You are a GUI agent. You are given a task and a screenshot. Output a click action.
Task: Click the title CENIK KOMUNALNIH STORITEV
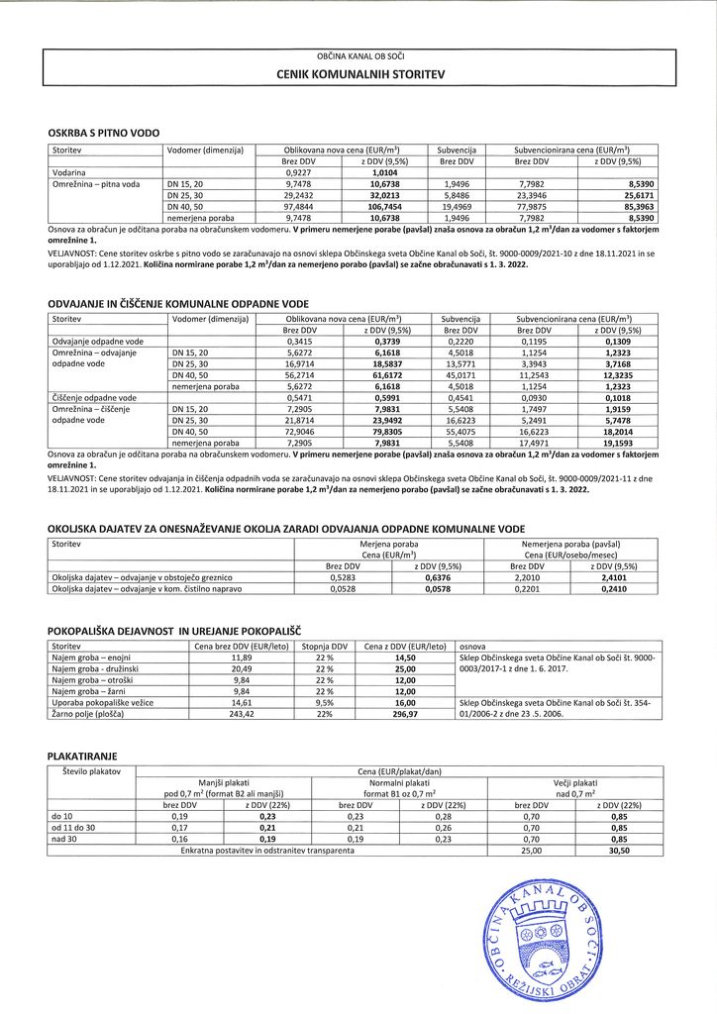pos(360,74)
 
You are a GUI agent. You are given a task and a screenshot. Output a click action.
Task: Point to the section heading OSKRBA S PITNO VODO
pos(103,132)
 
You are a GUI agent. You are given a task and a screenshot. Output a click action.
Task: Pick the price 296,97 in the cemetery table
pos(404,712)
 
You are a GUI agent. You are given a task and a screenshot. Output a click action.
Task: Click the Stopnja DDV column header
pos(324,645)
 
